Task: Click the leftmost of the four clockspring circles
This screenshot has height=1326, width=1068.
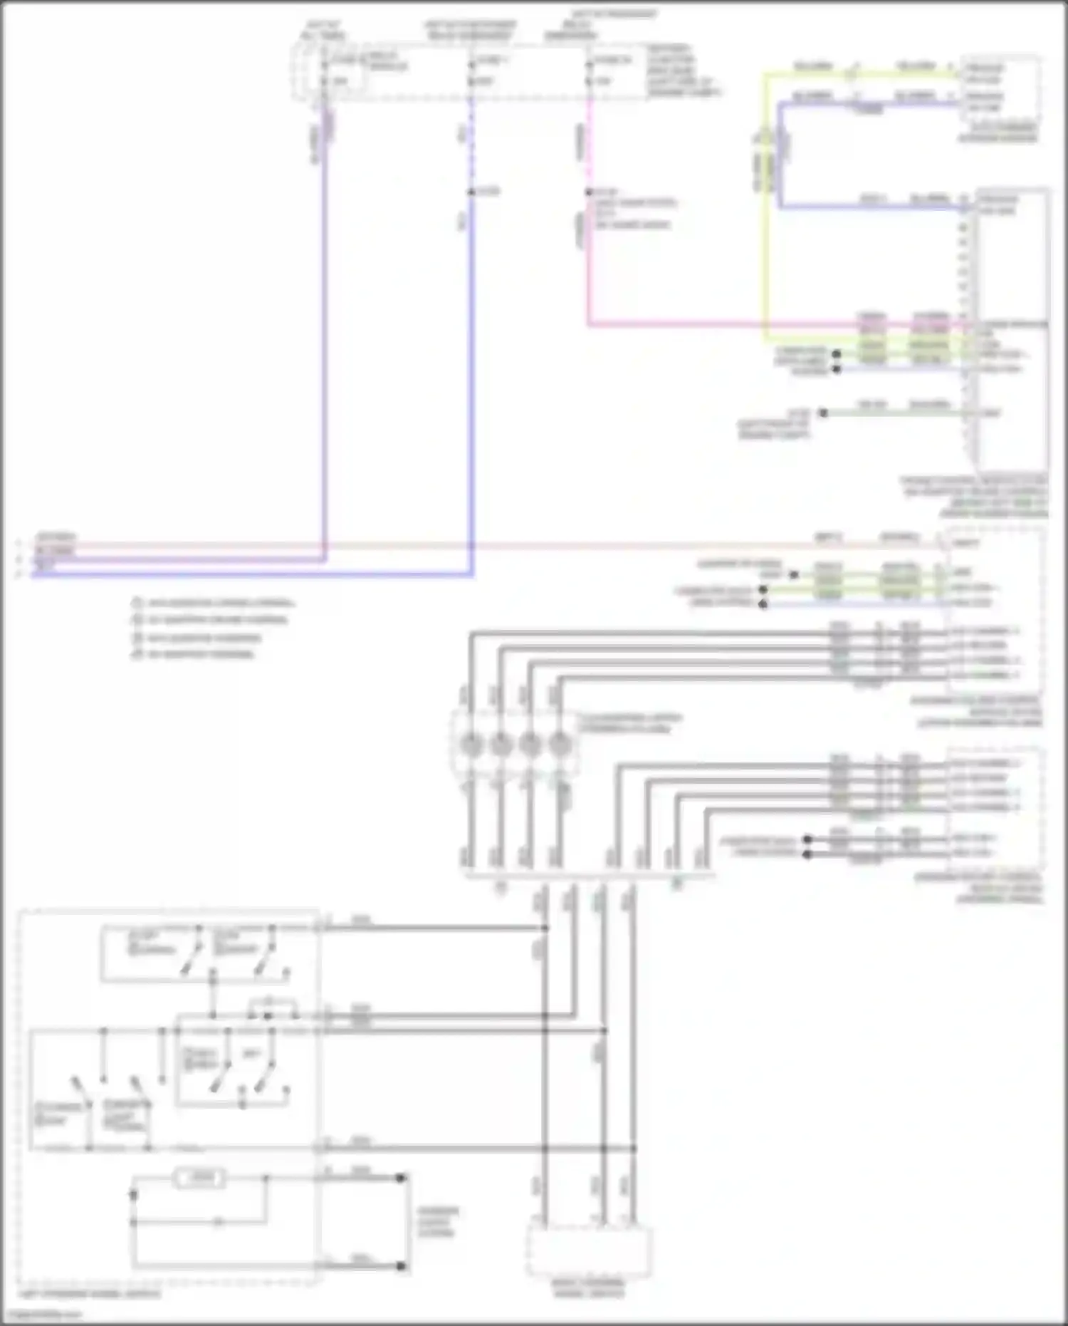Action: tap(470, 745)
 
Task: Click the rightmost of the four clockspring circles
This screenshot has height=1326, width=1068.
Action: tap(560, 745)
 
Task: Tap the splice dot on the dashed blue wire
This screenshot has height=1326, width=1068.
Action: tap(471, 192)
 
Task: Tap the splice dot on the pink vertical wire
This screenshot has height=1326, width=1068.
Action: tap(589, 192)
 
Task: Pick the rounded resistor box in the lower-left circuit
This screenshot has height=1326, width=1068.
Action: tap(200, 1178)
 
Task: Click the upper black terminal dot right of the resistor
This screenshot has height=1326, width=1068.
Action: tap(401, 1178)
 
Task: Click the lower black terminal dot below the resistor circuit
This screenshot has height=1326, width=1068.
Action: tap(401, 1266)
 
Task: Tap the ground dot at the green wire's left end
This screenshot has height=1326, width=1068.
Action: tap(823, 413)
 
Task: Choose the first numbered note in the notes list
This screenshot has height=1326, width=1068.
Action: tap(214, 603)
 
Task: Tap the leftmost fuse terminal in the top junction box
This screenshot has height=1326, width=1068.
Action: tap(324, 65)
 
